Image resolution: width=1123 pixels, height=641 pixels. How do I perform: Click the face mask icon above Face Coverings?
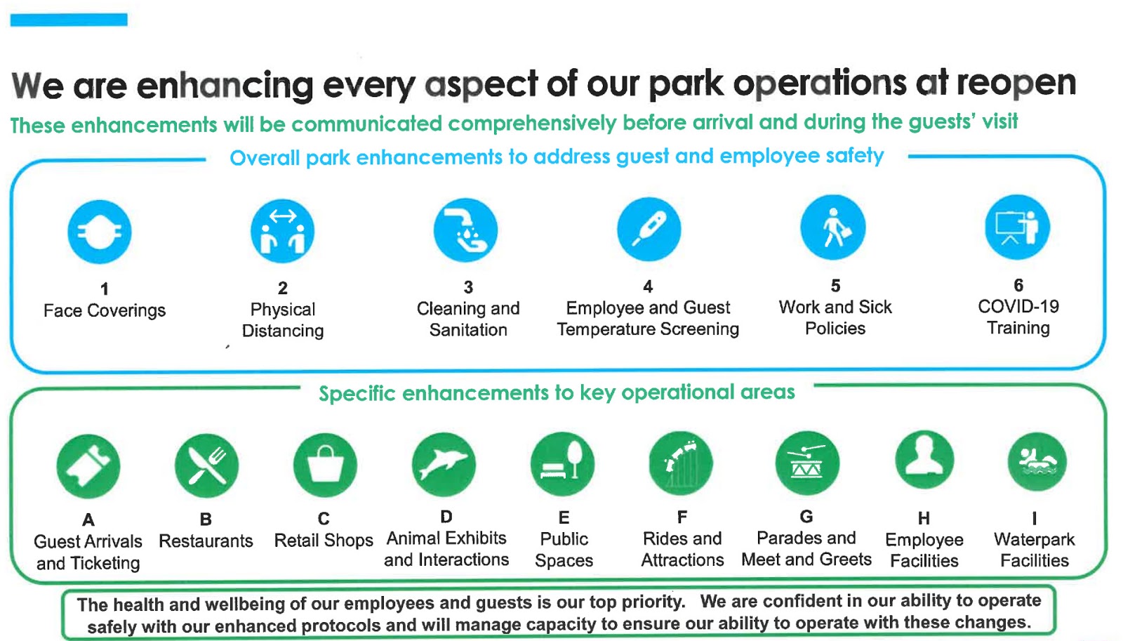coord(99,232)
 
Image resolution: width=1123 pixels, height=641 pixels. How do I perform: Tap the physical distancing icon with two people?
coord(283,231)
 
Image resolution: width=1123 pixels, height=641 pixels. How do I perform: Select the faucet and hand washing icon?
coord(466,230)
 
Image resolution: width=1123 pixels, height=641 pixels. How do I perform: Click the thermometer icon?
coord(649,229)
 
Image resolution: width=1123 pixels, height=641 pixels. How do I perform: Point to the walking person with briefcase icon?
coord(832,227)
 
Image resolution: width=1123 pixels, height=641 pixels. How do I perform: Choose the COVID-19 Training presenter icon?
coord(1017,227)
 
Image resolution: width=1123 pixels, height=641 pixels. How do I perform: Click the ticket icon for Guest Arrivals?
coord(88,466)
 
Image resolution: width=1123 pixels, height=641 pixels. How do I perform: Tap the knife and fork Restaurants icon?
coord(206,465)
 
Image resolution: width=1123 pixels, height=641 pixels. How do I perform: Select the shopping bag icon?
coord(325,465)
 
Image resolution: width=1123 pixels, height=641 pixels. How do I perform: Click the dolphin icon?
coord(444,465)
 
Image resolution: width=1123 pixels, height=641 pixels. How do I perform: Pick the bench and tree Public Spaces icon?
coord(562,464)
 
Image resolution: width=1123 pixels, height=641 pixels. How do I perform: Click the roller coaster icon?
coord(681,463)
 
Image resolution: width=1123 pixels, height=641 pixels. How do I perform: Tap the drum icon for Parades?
coord(806,463)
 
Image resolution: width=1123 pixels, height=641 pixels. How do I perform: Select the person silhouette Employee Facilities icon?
coord(924,460)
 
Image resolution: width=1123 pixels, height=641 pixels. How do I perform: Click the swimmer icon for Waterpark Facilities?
coord(1037,461)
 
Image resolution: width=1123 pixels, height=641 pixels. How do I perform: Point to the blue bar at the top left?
coord(69,20)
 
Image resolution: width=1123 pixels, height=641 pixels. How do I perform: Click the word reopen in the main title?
coord(1016,84)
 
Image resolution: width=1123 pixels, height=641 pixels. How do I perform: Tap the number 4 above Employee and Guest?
coord(648,286)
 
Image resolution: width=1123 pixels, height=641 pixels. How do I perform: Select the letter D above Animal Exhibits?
coord(446,516)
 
